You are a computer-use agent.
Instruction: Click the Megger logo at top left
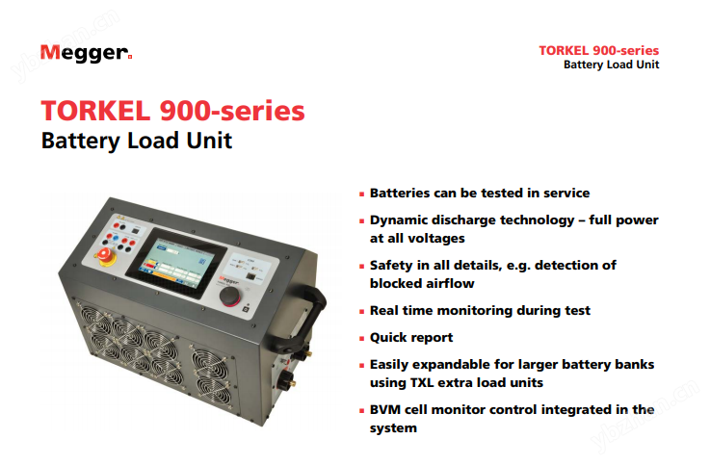coord(86,53)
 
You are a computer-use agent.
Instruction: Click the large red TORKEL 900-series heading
coord(173,111)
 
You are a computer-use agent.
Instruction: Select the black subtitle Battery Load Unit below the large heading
coord(136,141)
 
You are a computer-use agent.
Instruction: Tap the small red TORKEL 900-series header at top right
coord(598,50)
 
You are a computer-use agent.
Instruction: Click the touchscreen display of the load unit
coord(176,263)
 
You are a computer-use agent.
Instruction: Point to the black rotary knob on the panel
coord(230,296)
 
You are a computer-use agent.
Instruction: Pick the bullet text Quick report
coord(411,338)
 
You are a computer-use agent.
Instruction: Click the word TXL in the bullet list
coord(422,382)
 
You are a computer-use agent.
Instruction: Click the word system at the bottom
coord(393,428)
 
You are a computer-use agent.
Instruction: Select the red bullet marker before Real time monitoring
coord(362,312)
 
